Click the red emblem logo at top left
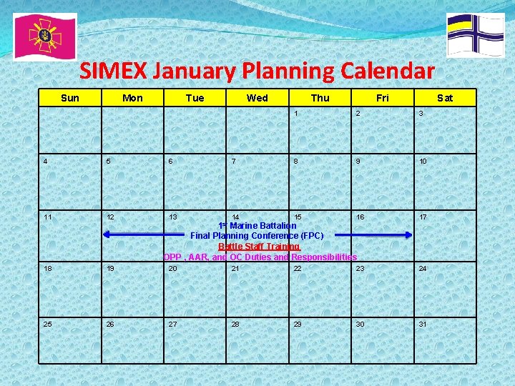coord(44,36)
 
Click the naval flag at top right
coord(475,34)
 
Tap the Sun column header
coord(70,98)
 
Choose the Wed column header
coord(257,98)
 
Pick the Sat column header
coord(444,98)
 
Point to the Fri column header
coord(382,98)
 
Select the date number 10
coord(423,162)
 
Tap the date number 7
coord(234,162)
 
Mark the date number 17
coord(423,217)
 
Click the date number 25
coord(48,324)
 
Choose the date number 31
coord(423,324)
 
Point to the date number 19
coord(110,269)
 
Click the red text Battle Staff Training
coord(259,246)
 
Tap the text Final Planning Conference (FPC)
coord(257,235)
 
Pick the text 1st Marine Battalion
coord(257,226)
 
